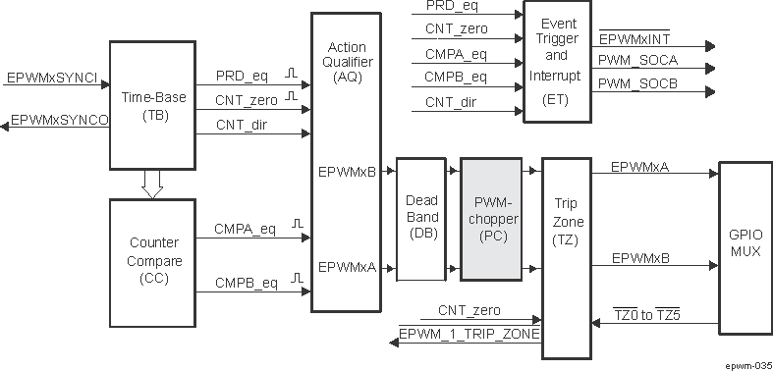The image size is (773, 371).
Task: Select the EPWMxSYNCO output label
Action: pos(59,121)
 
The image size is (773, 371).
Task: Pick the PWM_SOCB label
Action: pos(637,83)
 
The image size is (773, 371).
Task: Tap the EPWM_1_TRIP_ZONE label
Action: pos(470,335)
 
